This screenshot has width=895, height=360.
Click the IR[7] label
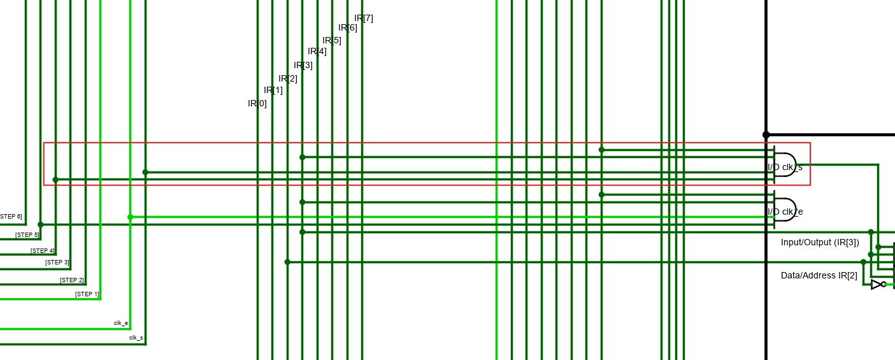click(363, 18)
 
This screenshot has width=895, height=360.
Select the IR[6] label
click(347, 27)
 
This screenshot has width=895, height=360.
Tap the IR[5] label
click(331, 40)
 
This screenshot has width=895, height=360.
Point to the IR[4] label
click(317, 51)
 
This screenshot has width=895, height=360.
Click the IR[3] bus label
click(303, 65)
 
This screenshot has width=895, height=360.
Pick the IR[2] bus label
click(287, 78)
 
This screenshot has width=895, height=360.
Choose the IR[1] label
click(273, 90)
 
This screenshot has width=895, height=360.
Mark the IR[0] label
click(257, 103)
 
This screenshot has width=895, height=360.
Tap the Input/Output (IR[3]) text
click(820, 242)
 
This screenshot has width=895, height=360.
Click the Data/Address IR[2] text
click(819, 275)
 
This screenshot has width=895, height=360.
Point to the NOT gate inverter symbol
click(877, 284)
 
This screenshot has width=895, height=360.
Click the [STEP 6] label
click(11, 217)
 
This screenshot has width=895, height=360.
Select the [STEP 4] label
click(42, 250)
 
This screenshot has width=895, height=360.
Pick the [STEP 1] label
click(87, 294)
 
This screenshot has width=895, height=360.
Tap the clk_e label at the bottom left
click(121, 323)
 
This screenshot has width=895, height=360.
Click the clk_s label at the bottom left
click(136, 337)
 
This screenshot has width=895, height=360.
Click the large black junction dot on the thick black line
click(766, 135)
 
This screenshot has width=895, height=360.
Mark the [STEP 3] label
click(57, 262)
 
